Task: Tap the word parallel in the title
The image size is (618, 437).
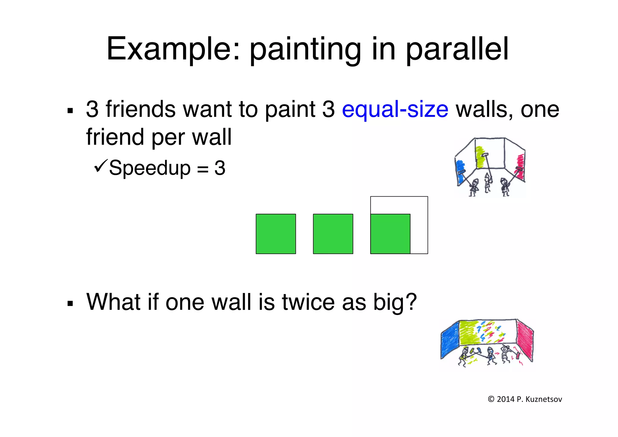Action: [457, 49]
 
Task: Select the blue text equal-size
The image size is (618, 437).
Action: [395, 109]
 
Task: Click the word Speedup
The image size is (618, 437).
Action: [150, 168]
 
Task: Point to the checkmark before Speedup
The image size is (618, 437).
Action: [100, 166]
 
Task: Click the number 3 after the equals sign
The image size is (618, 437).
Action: [220, 168]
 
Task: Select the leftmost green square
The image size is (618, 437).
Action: [276, 234]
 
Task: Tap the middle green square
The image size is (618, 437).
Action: [333, 234]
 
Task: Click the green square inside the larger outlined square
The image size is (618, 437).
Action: [390, 234]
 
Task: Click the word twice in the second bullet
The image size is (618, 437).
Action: [308, 302]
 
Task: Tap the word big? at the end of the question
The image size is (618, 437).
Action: [395, 302]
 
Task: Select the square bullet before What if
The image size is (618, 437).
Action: [70, 303]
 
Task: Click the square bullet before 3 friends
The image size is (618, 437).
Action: [70, 111]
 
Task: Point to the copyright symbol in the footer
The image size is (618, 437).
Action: [491, 399]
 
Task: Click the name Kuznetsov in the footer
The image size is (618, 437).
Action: [543, 399]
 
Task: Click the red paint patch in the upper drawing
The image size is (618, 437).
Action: [521, 165]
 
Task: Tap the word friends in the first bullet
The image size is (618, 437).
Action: [140, 109]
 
